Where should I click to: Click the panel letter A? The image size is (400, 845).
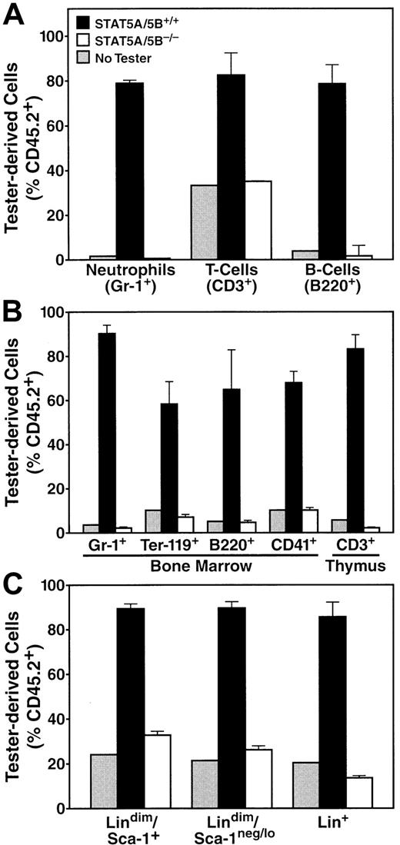pyautogui.click(x=15, y=13)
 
